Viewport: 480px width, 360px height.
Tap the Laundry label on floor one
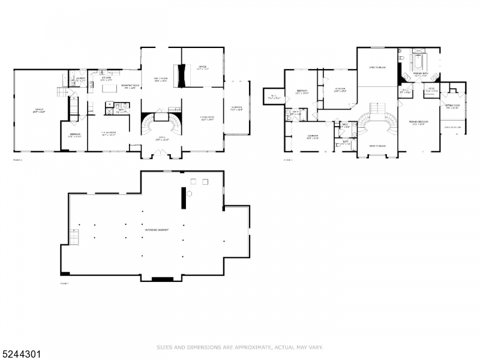[79, 79]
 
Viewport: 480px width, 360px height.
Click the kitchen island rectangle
[109, 89]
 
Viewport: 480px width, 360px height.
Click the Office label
[202, 68]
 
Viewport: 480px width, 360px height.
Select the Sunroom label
[238, 109]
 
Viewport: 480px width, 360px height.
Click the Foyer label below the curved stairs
[162, 139]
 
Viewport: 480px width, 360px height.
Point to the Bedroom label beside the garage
[75, 135]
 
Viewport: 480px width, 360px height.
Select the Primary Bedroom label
[418, 122]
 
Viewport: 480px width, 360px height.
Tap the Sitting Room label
[452, 106]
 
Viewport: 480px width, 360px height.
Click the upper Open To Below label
[377, 68]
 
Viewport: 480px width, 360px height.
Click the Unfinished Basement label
[155, 230]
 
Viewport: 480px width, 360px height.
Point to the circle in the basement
[188, 194]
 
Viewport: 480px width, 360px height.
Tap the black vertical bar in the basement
[182, 198]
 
